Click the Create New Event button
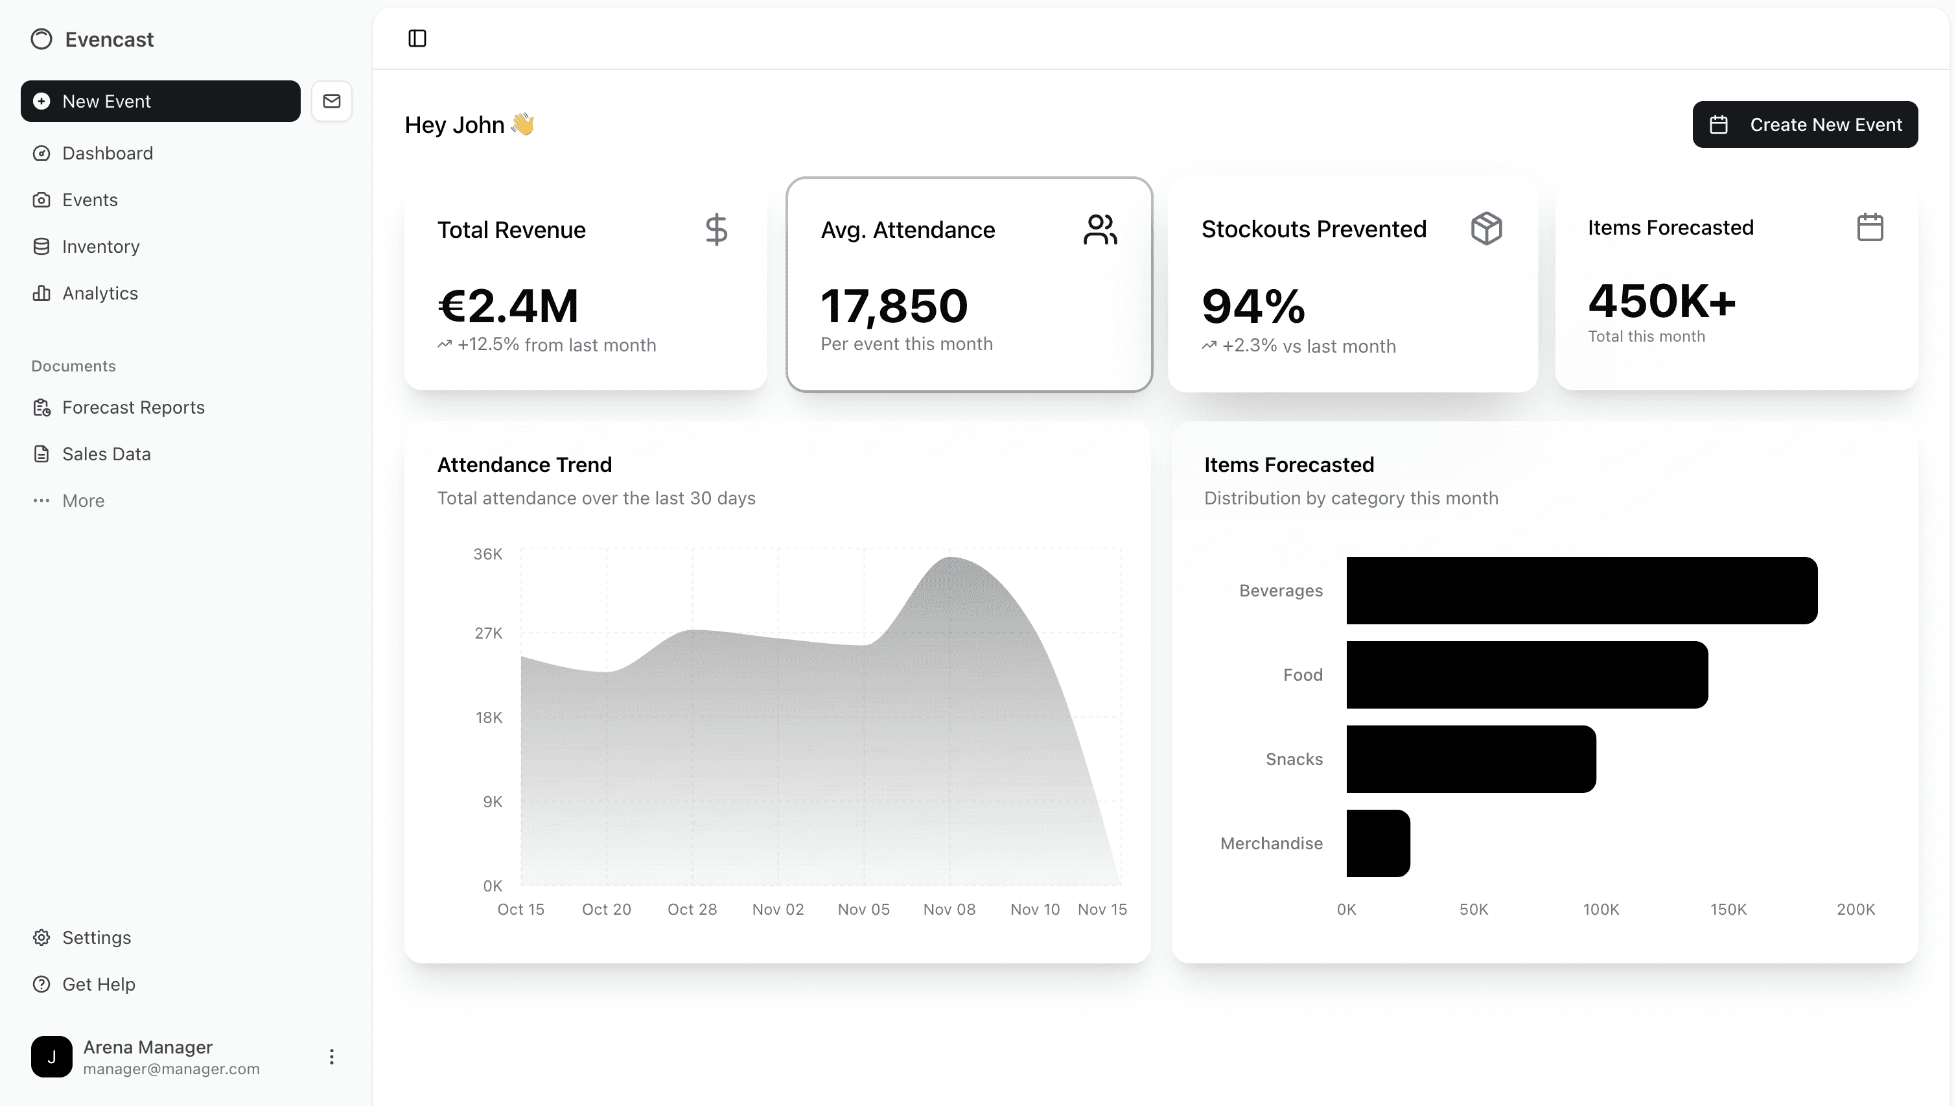[x=1804, y=124]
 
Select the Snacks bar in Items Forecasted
[x=1471, y=759]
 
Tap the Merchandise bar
[x=1377, y=843]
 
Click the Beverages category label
[x=1280, y=590]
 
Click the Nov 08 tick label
[x=948, y=910]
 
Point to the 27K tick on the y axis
[x=488, y=633]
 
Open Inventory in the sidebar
[x=100, y=247]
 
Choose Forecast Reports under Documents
[x=133, y=408]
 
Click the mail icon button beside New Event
[x=332, y=101]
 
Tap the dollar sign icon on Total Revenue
[x=716, y=229]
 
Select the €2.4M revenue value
[x=508, y=305]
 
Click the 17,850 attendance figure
[x=894, y=305]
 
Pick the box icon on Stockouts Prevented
[x=1486, y=228]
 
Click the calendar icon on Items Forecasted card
[x=1869, y=227]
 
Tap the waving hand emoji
[x=522, y=124]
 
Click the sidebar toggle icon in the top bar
[x=417, y=38]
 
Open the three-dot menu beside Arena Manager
[x=331, y=1057]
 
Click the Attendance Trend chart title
[x=524, y=465]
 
